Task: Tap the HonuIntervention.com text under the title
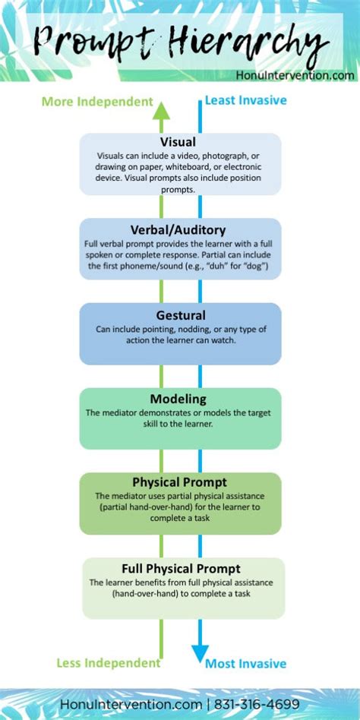tap(295, 75)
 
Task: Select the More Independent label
tap(97, 102)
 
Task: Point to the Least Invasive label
tap(245, 100)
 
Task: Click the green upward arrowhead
tap(161, 111)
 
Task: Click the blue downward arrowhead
tap(201, 653)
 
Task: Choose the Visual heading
tap(178, 141)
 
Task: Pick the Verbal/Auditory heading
tap(178, 229)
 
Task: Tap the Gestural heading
tap(181, 315)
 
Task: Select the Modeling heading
tap(178, 399)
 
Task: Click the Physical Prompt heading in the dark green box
tap(179, 482)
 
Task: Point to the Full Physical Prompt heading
tap(181, 568)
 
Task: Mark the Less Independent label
tap(109, 663)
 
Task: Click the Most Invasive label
tap(245, 664)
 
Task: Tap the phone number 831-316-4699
tap(257, 704)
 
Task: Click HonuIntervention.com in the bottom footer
tap(131, 704)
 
